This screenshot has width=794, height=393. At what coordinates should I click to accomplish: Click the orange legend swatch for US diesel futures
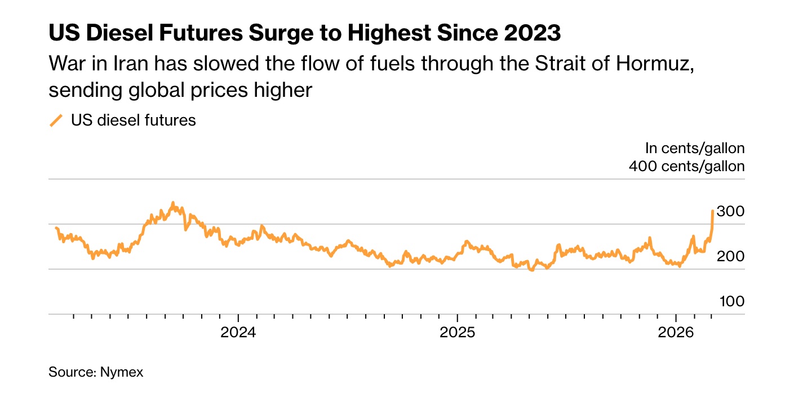56,120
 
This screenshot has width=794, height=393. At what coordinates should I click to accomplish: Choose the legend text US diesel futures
133,120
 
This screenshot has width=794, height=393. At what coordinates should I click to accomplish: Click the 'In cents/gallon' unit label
695,148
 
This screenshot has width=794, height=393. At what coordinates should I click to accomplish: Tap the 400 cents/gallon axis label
686,166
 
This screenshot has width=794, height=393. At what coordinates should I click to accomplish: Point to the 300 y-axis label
730,212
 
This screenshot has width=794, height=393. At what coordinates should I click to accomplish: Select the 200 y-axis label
730,257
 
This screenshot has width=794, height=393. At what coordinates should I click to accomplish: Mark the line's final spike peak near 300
713,211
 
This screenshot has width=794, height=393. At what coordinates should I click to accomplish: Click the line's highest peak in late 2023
173,203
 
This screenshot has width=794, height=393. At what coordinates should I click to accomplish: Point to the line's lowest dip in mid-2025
531,270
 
